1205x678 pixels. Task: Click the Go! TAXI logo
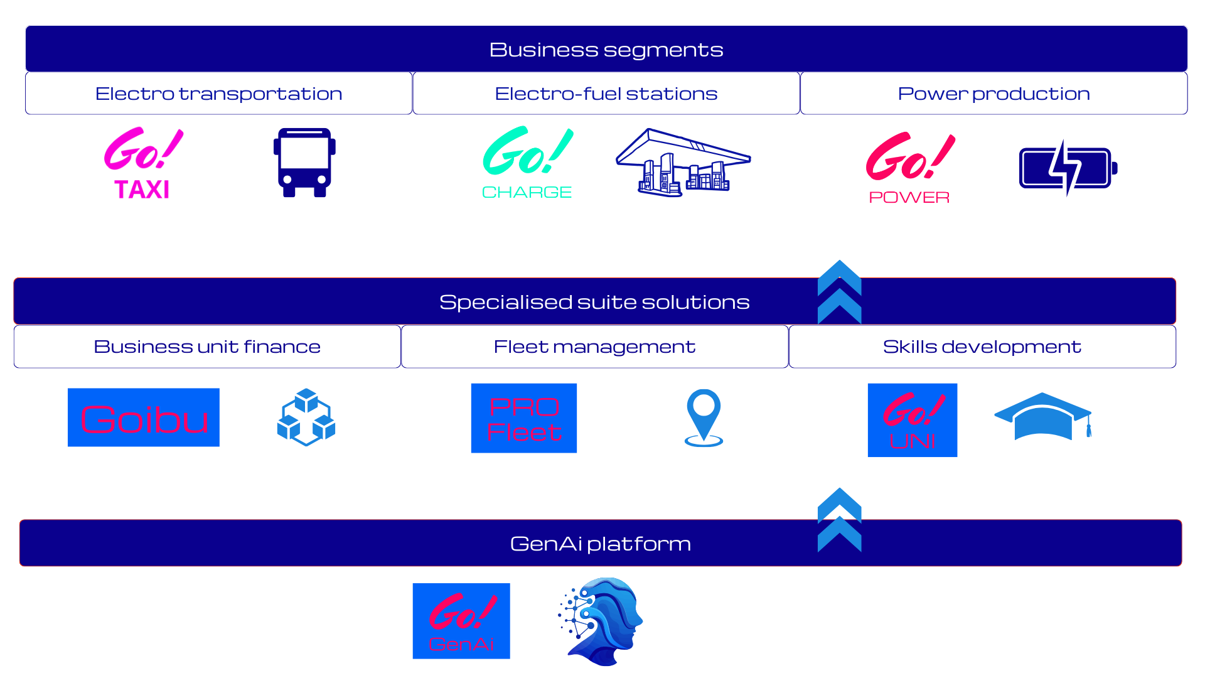(x=143, y=163)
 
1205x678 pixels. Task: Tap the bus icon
(x=304, y=163)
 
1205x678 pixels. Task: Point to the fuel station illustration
(x=683, y=163)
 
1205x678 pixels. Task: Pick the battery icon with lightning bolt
(x=1068, y=168)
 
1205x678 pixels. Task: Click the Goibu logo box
(x=143, y=417)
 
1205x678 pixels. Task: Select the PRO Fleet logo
(x=524, y=418)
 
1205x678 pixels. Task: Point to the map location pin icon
(x=704, y=417)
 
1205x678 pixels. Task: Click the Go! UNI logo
(x=913, y=420)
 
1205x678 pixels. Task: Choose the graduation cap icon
(x=1043, y=417)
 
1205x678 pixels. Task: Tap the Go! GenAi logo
(x=461, y=621)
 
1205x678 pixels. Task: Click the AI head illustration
(x=601, y=621)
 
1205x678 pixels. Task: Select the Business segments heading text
(x=606, y=50)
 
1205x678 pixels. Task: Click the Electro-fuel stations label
(x=606, y=94)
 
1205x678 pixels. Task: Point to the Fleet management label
(x=594, y=347)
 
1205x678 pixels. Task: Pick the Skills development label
(x=982, y=347)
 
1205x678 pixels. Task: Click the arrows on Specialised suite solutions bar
(x=840, y=292)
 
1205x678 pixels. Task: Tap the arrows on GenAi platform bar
(x=840, y=520)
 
